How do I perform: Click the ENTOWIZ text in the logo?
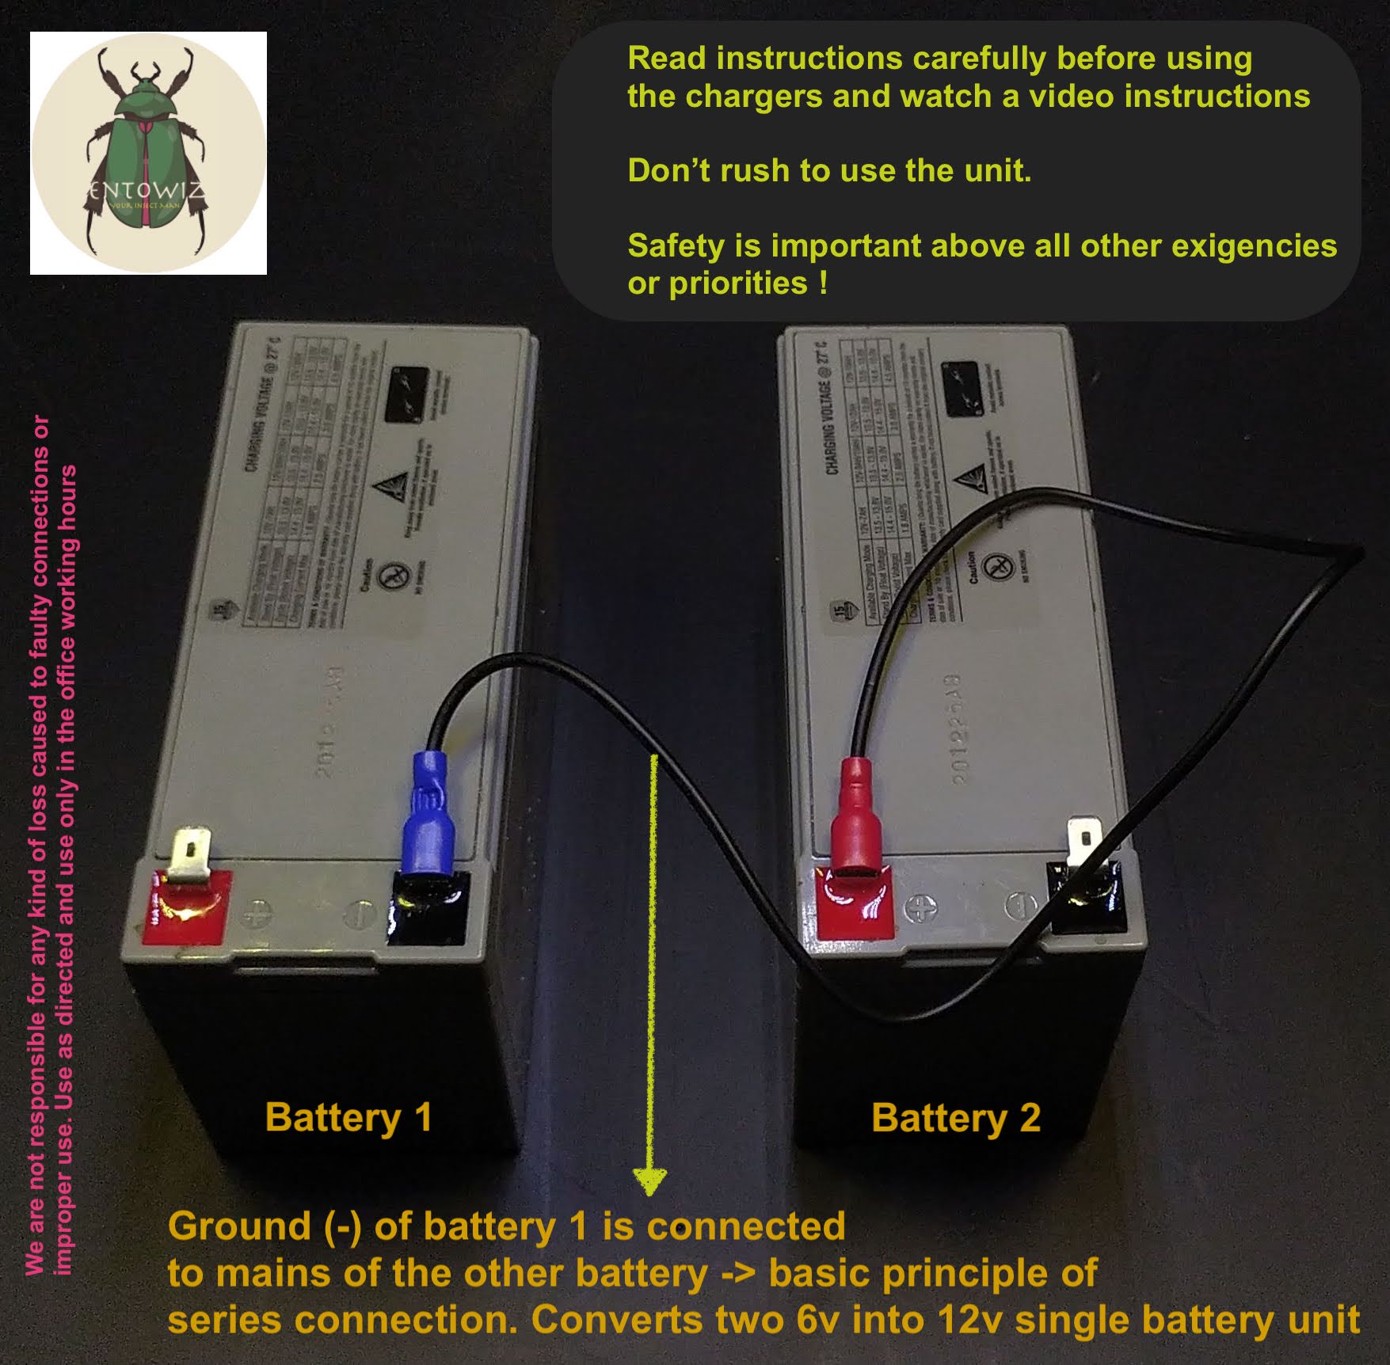[x=147, y=191]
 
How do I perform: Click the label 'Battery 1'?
[x=348, y=1117]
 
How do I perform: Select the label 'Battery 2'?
[x=955, y=1117]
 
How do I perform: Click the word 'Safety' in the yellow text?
[x=675, y=246]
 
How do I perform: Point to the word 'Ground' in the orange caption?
[x=239, y=1226]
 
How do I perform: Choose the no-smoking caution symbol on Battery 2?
[x=999, y=566]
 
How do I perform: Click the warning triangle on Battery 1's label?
[x=394, y=485]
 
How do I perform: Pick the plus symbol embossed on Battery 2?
[x=920, y=908]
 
